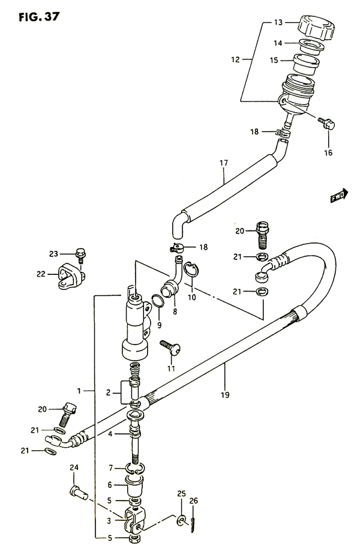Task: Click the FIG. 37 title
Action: pos(40,17)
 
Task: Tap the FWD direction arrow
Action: pos(339,196)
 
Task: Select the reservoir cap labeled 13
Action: pos(316,27)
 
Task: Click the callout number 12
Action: pos(235,60)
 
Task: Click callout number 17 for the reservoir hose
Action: pos(224,163)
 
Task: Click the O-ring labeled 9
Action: pos(158,301)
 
